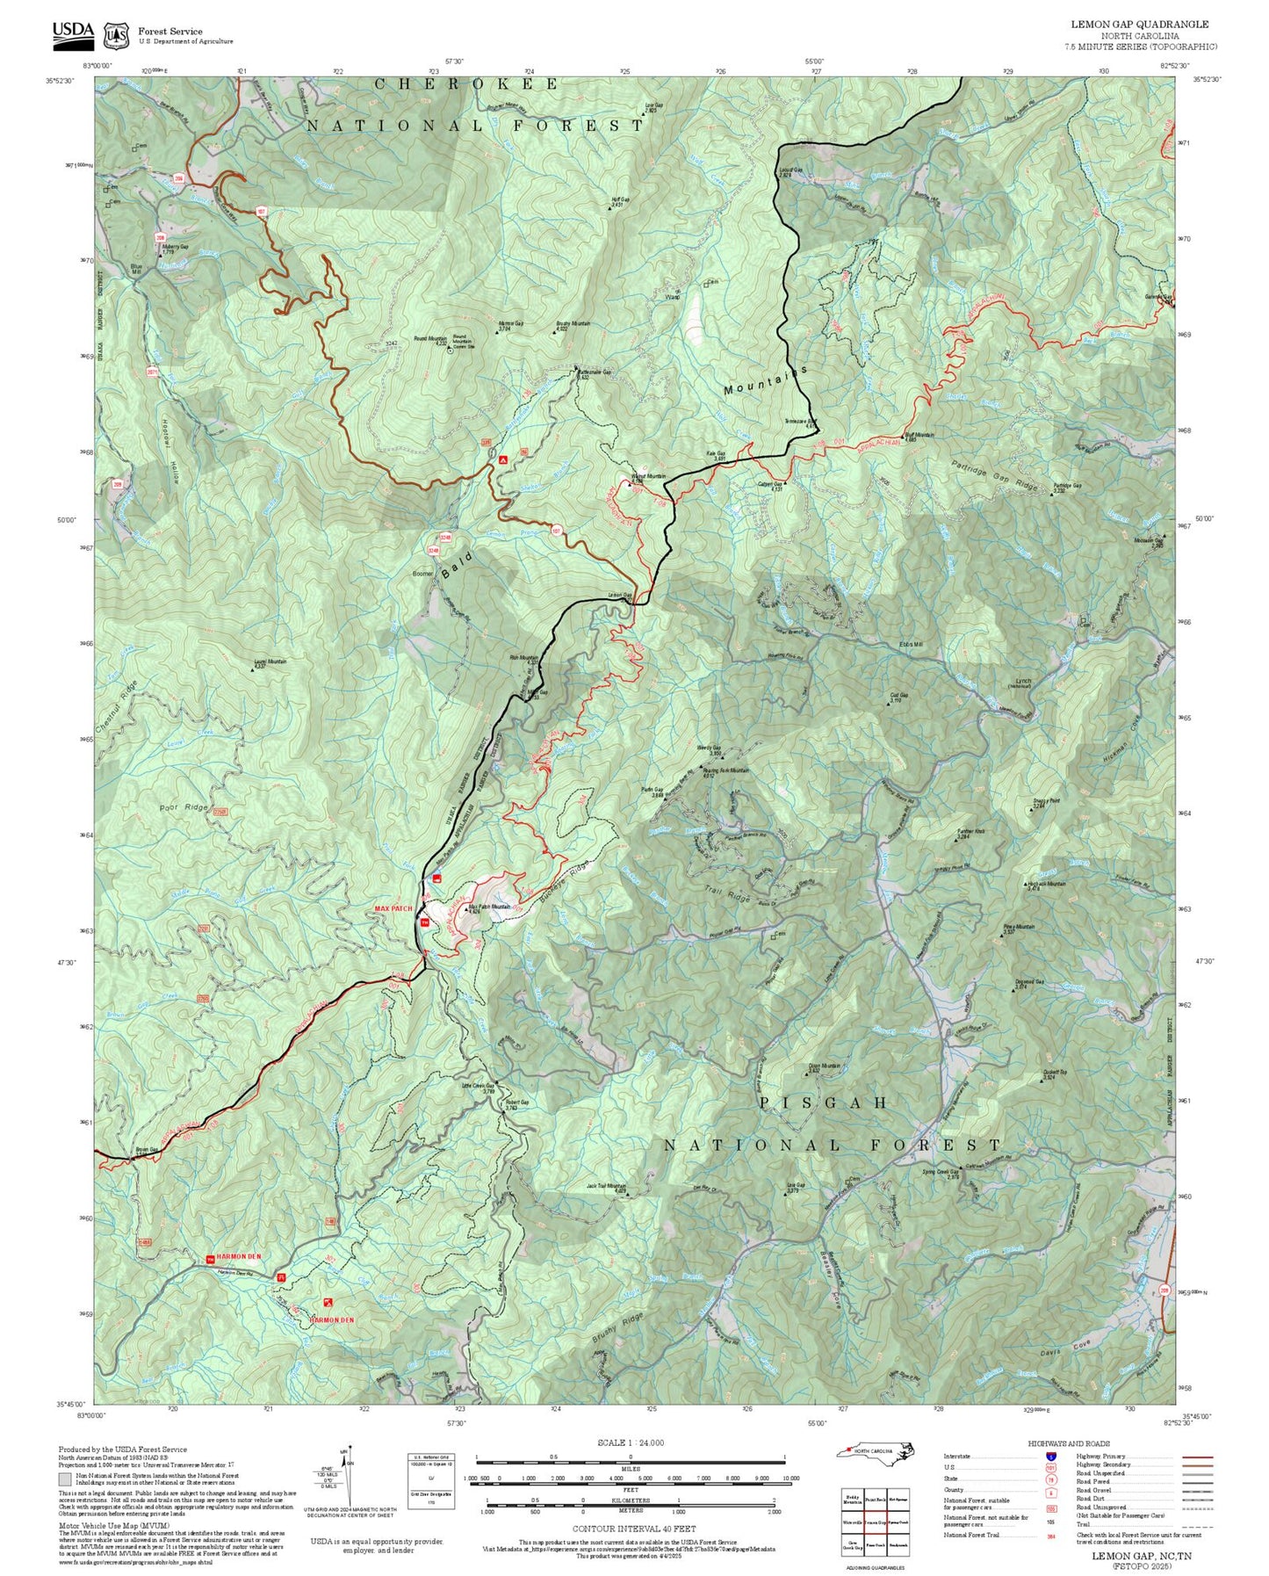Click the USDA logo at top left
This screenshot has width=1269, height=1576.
pos(73,32)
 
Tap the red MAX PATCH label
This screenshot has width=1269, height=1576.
pos(393,908)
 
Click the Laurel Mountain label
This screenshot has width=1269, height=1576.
pos(270,662)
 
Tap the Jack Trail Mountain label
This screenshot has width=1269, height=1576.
pos(606,1187)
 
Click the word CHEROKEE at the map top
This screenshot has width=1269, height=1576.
pos(465,84)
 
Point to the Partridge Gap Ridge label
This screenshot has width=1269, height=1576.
pos(994,475)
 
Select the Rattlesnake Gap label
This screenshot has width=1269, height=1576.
pos(594,372)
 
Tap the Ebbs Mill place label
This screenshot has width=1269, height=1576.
pos(911,644)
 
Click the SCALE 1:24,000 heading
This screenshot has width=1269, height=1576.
pos(630,1442)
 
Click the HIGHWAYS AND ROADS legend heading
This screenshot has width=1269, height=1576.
pos(1069,1443)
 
